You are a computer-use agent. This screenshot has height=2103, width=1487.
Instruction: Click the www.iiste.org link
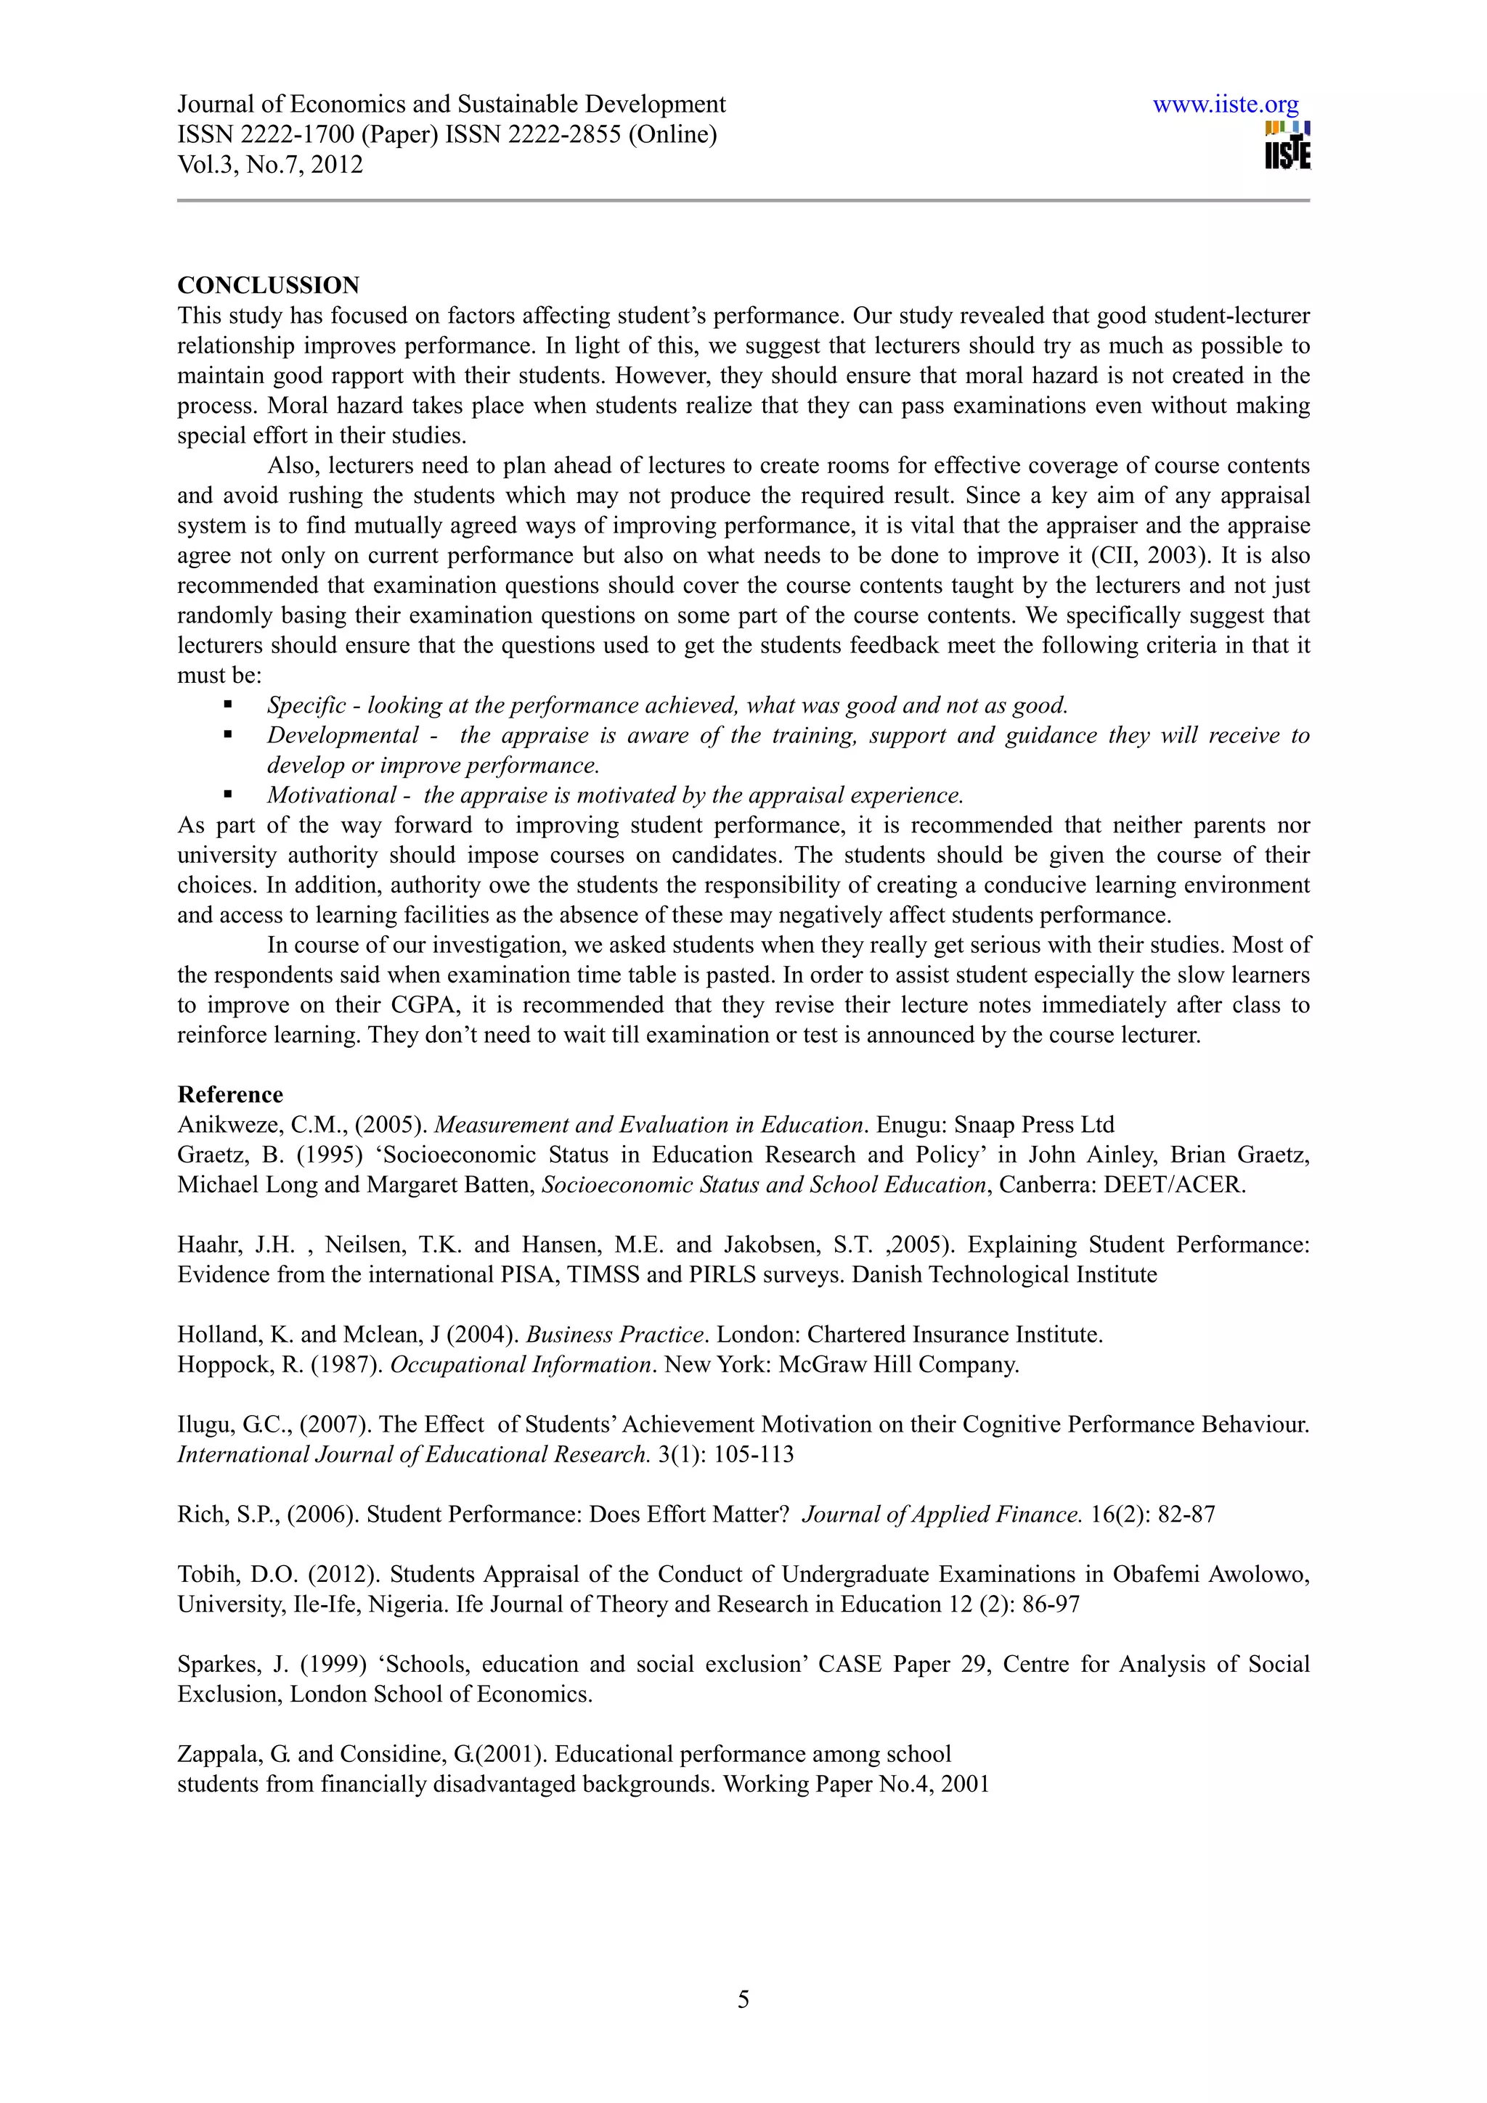coord(1225,105)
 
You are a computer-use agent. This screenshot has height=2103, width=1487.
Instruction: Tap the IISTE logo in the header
coord(1287,147)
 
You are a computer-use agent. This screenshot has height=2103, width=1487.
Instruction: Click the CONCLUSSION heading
coord(269,285)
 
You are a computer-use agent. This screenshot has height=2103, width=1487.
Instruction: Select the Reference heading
coord(230,1094)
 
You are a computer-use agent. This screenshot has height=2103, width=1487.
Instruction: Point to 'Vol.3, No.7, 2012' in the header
coord(270,165)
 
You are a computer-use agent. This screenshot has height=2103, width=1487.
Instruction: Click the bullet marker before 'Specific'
coord(227,705)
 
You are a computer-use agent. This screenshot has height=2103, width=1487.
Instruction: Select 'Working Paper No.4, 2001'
coord(856,1784)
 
